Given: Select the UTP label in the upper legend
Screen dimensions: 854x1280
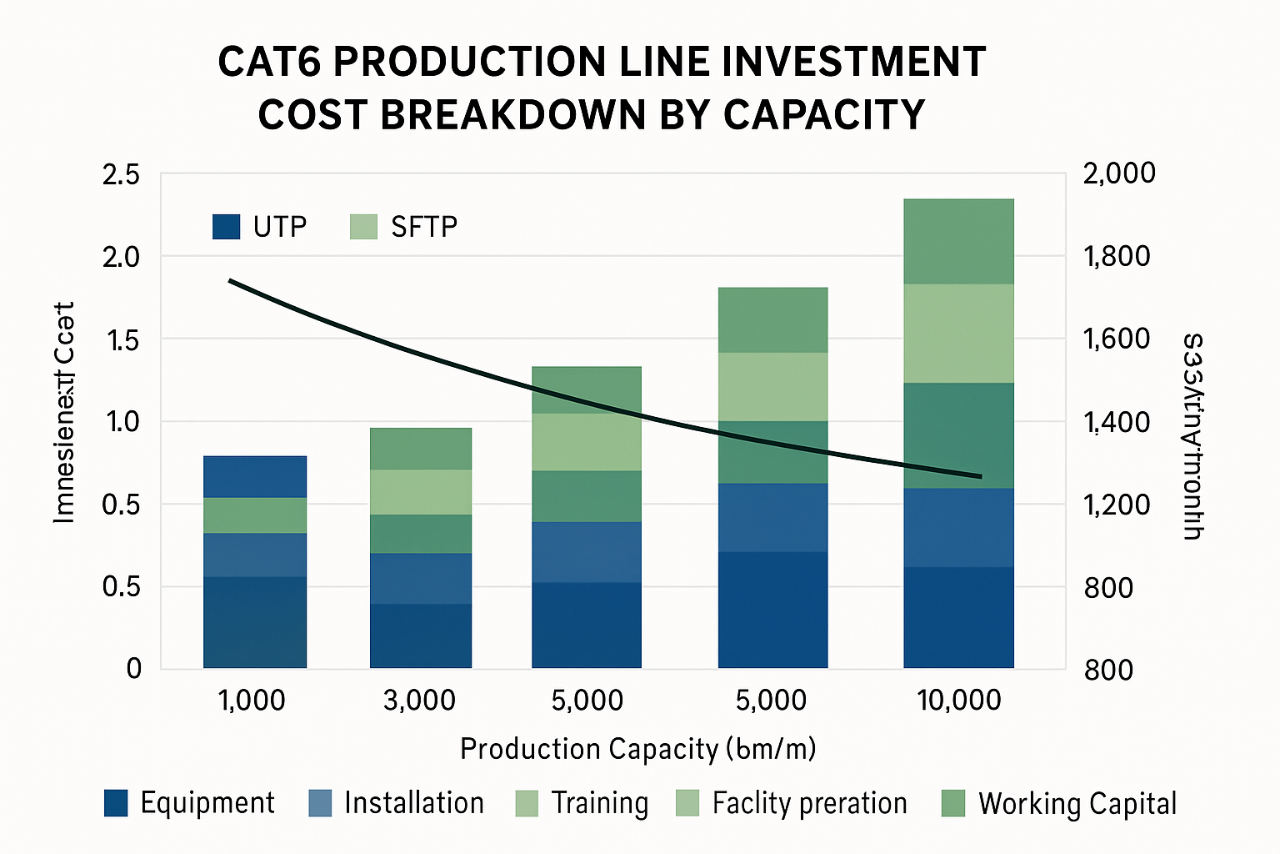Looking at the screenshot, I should pyautogui.click(x=280, y=227).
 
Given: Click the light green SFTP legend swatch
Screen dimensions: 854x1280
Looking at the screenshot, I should pyautogui.click(x=364, y=227).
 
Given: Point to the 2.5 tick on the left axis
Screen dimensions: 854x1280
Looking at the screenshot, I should pyautogui.click(x=121, y=174).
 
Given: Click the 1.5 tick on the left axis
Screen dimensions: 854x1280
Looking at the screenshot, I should pyautogui.click(x=121, y=339).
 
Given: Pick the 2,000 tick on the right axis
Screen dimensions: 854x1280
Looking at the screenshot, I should pyautogui.click(x=1118, y=173).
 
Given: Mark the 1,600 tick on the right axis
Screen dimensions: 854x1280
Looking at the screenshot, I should pyautogui.click(x=1117, y=339).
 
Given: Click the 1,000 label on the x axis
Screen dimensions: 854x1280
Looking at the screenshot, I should pyautogui.click(x=252, y=701).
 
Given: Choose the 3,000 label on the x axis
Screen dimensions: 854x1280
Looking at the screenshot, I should pyautogui.click(x=419, y=701).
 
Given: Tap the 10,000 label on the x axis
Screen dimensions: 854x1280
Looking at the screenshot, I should pyautogui.click(x=959, y=701).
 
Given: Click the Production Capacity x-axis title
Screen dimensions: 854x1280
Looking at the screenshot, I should pyautogui.click(x=637, y=749).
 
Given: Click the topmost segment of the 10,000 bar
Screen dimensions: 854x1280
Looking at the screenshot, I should pyautogui.click(x=958, y=241).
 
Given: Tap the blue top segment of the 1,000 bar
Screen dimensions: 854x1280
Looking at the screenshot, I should pyautogui.click(x=255, y=476).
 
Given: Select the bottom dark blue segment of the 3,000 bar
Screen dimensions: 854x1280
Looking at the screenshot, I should pyautogui.click(x=421, y=635).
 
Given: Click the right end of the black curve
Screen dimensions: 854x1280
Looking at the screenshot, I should pyautogui.click(x=980, y=476).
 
